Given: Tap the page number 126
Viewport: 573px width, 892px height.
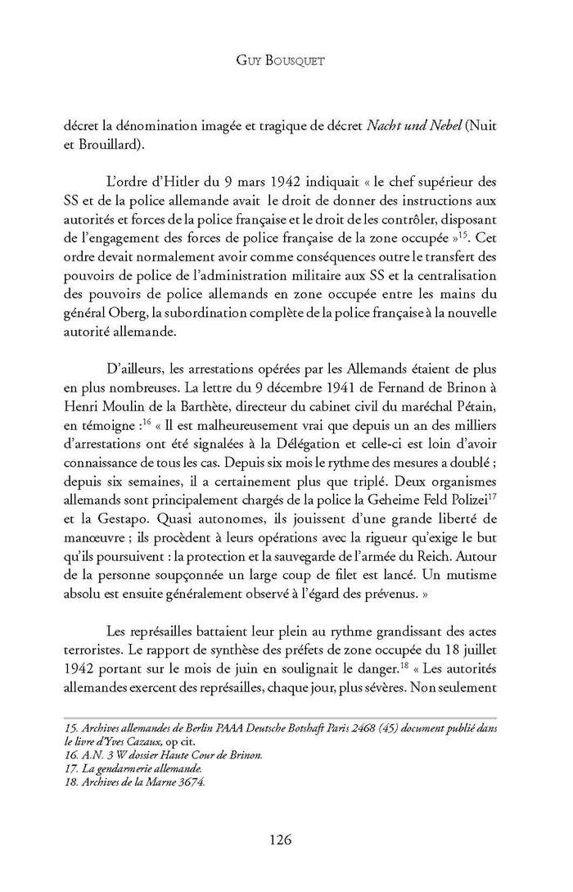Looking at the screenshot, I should [x=286, y=840].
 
